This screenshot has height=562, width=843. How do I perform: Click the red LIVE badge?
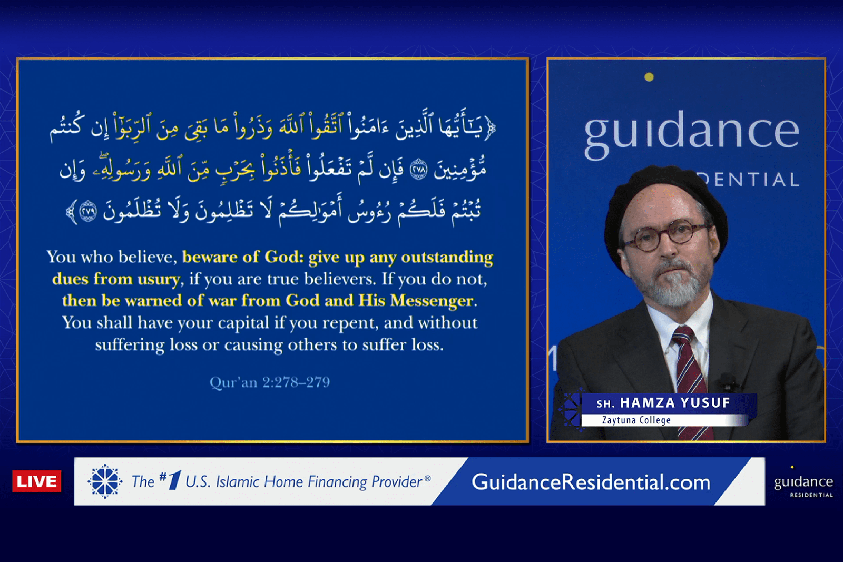36,481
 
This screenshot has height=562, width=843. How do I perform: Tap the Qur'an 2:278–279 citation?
269,382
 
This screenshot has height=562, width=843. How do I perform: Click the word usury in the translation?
159,279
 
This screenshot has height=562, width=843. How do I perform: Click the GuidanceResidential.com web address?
591,482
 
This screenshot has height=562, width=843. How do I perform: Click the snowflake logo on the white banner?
105,481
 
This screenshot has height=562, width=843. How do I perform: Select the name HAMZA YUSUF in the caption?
675,403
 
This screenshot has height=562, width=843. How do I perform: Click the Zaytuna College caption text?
636,420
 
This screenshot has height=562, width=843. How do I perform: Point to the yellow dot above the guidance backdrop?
649,77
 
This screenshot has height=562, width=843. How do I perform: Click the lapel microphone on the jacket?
729,383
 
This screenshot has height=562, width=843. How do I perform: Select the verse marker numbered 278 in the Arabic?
418,170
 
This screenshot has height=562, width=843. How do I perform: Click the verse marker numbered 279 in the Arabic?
87,211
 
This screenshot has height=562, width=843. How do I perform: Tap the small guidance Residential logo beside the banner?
803,483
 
